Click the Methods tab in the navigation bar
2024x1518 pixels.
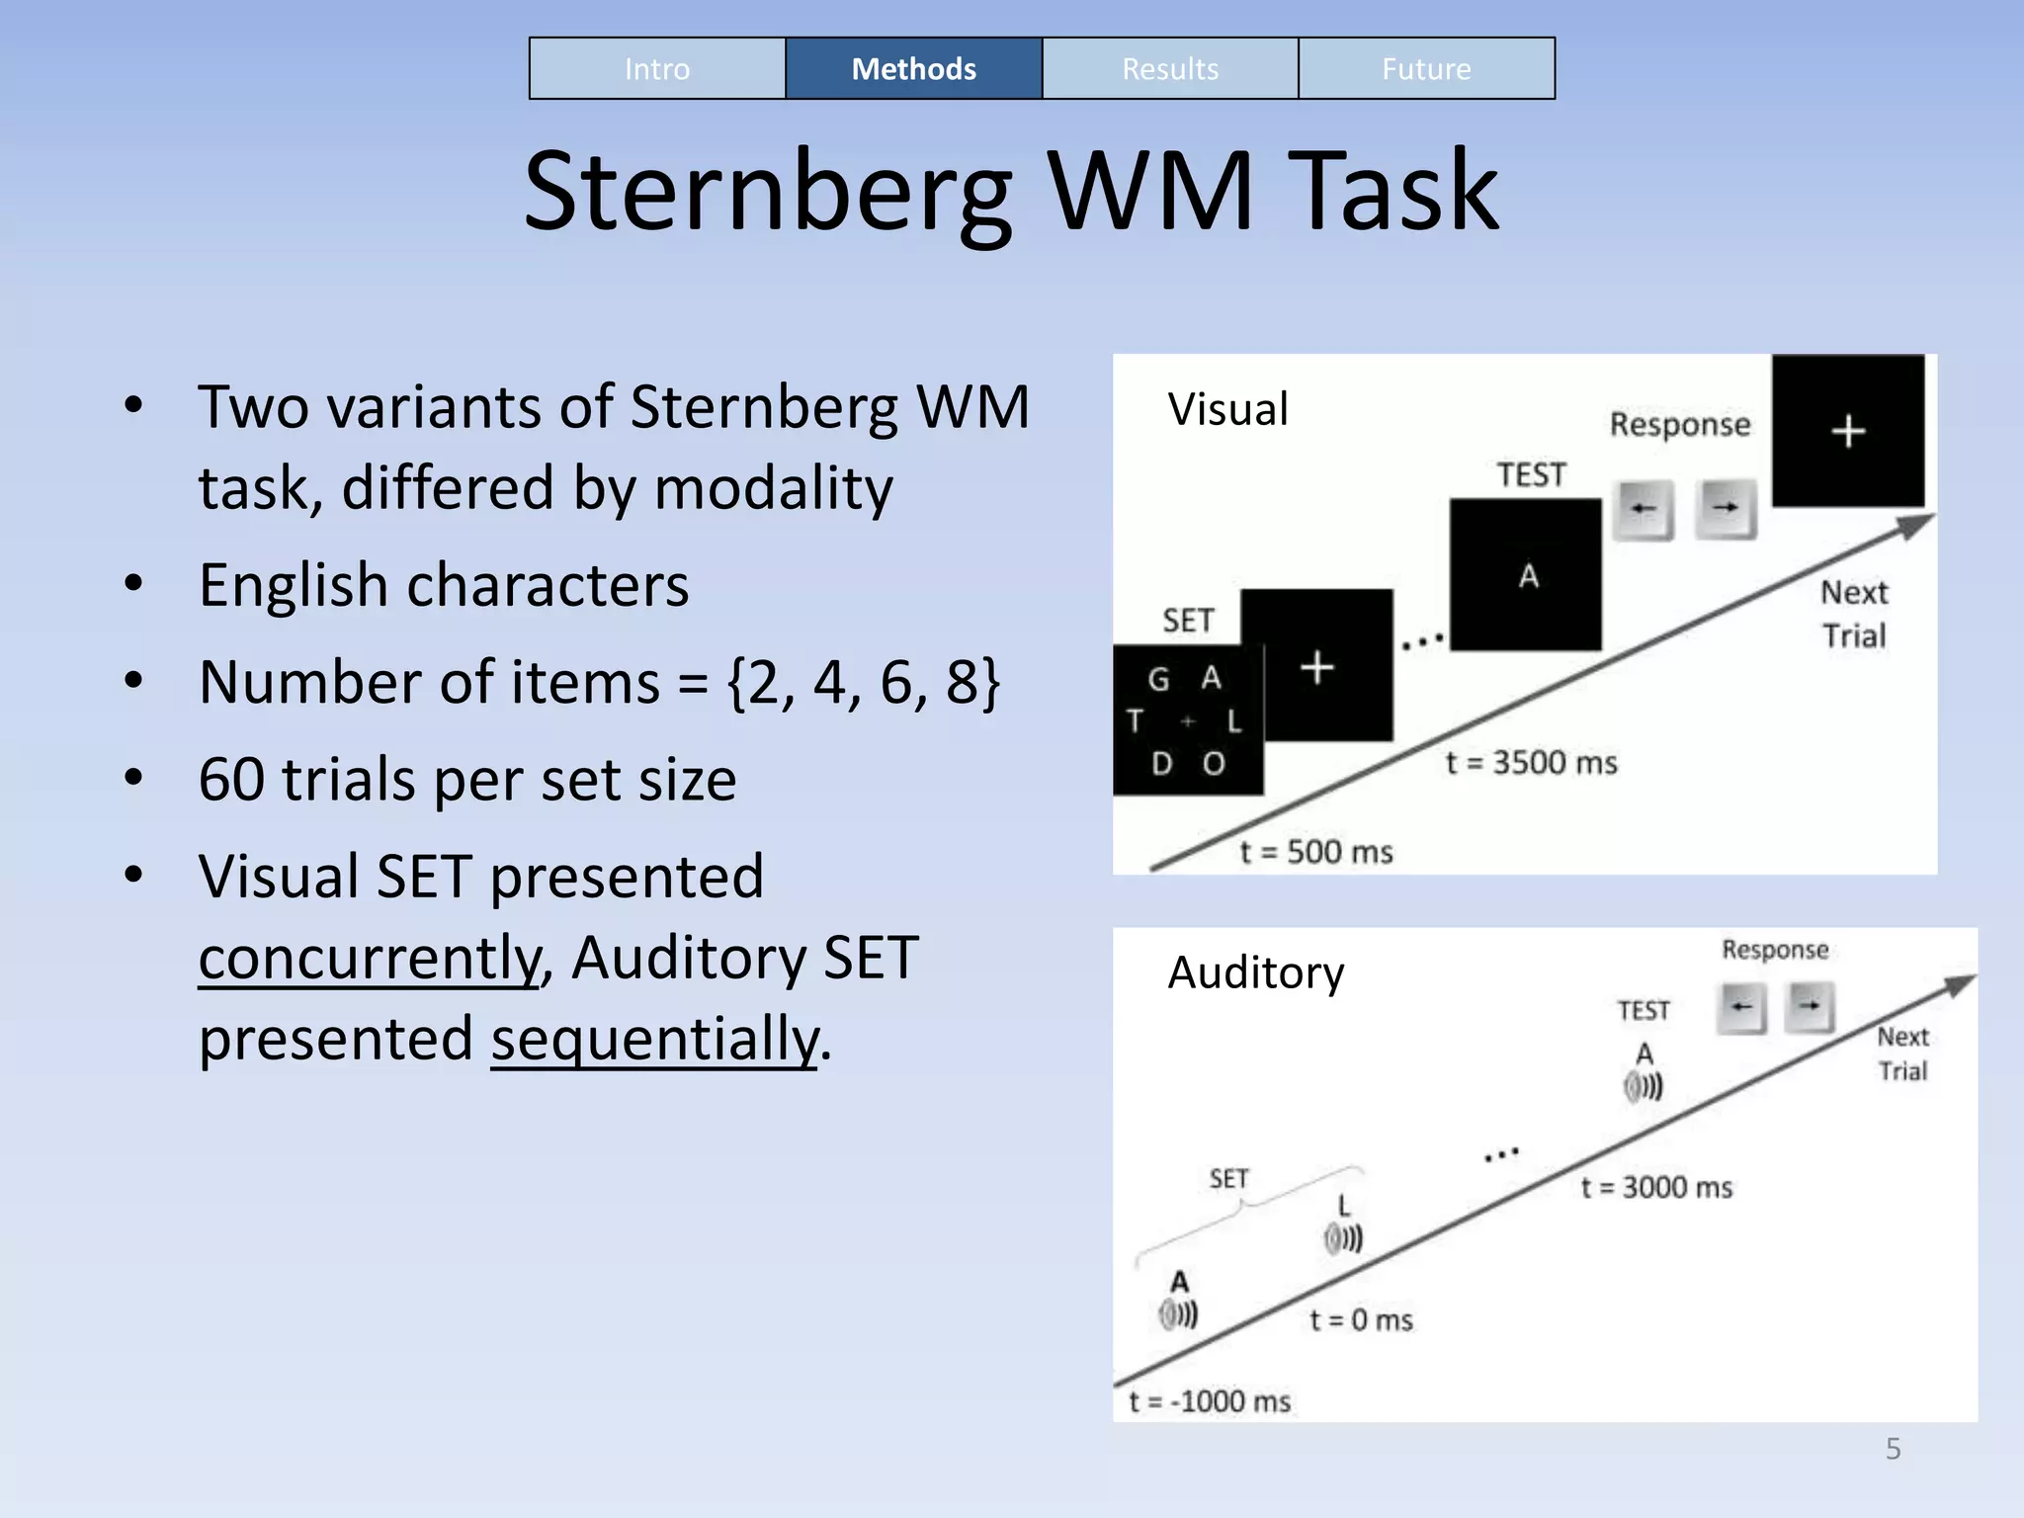[913, 69]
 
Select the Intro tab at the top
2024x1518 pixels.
[657, 69]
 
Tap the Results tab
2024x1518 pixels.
[1170, 69]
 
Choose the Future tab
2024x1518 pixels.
[1426, 69]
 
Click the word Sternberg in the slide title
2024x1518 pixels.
[768, 191]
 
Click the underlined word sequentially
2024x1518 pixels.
[655, 1039]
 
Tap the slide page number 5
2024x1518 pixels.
[1893, 1449]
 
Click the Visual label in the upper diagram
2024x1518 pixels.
[1227, 409]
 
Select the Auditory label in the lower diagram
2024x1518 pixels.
[1256, 972]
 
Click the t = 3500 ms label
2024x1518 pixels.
[1531, 763]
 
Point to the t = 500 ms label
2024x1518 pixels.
[1316, 852]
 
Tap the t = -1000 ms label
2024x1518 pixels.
[1210, 1401]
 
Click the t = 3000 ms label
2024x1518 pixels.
[1656, 1187]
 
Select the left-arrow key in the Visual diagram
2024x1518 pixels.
[1643, 509]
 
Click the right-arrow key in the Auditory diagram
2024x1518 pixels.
[1810, 1007]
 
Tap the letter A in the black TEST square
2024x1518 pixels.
[1528, 575]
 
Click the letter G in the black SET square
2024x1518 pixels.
[1158, 679]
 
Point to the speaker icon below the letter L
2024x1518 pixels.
[1343, 1238]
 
